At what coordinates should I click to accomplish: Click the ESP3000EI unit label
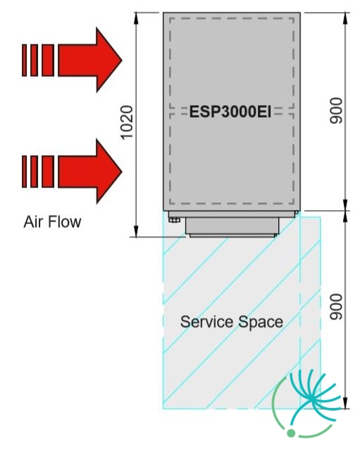tap(230, 112)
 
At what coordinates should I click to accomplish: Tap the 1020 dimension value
tap(127, 123)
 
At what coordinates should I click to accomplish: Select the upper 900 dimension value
tap(336, 111)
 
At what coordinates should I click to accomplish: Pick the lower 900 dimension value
tap(336, 307)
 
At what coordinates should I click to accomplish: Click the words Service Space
tap(232, 322)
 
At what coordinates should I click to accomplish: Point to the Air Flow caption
tap(52, 222)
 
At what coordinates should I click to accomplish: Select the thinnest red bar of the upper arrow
tap(24, 60)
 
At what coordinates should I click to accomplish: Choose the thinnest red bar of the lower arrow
tap(24, 171)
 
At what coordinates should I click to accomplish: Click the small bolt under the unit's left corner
tap(174, 220)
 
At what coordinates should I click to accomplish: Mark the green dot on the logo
tap(291, 433)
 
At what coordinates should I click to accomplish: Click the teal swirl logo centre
tap(313, 399)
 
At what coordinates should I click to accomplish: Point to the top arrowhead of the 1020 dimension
tap(136, 18)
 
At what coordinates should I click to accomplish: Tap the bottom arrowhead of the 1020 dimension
tap(136, 231)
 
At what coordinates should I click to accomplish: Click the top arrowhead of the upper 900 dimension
tap(345, 18)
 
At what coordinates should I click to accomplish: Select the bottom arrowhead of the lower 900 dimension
tap(345, 403)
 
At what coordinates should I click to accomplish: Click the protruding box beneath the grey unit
tap(232, 225)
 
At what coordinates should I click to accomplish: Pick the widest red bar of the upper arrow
tap(48, 60)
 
